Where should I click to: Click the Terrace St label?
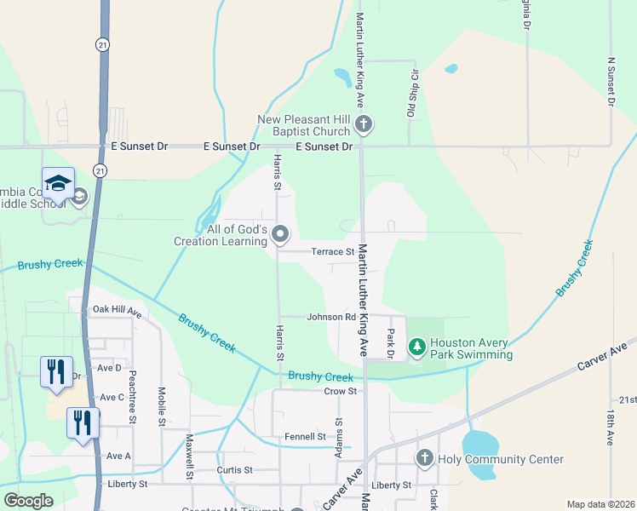332,252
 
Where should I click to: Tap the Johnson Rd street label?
331,317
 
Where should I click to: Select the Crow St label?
340,391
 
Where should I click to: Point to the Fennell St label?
305,437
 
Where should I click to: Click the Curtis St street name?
235,469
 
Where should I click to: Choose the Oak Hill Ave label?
118,311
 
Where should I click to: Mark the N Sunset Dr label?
611,83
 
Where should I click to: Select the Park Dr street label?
392,343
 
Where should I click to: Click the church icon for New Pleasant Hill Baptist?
364,125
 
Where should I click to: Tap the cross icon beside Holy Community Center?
425,459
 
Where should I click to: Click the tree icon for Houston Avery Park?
416,347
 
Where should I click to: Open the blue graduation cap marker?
58,183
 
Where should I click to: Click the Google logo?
28,501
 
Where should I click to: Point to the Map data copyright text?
601,504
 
